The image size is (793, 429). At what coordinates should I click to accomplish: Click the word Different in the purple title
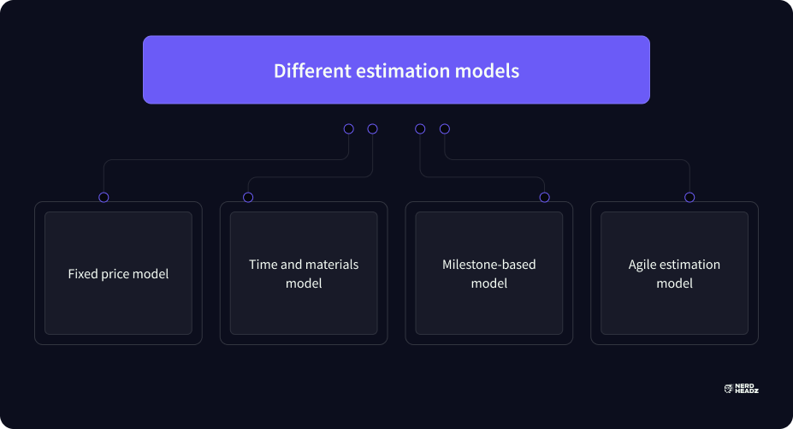(312, 70)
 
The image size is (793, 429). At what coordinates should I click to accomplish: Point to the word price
(115, 275)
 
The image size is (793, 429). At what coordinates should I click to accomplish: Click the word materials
(332, 265)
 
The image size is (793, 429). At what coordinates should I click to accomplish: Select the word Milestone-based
(489, 265)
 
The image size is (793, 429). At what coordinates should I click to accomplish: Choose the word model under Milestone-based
(489, 283)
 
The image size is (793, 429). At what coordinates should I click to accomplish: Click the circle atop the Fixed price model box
(104, 198)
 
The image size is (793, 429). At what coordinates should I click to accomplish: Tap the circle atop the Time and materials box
(248, 198)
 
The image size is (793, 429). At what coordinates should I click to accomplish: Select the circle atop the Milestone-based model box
(545, 198)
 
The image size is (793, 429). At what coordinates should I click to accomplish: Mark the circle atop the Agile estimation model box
(689, 198)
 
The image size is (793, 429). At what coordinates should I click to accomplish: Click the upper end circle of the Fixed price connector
(348, 128)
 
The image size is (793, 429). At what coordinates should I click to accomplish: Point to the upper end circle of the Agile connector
(445, 128)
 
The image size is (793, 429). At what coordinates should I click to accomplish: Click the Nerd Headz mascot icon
(729, 389)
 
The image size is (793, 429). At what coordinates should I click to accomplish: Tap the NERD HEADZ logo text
(747, 389)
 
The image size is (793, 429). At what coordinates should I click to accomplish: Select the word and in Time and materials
(292, 265)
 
